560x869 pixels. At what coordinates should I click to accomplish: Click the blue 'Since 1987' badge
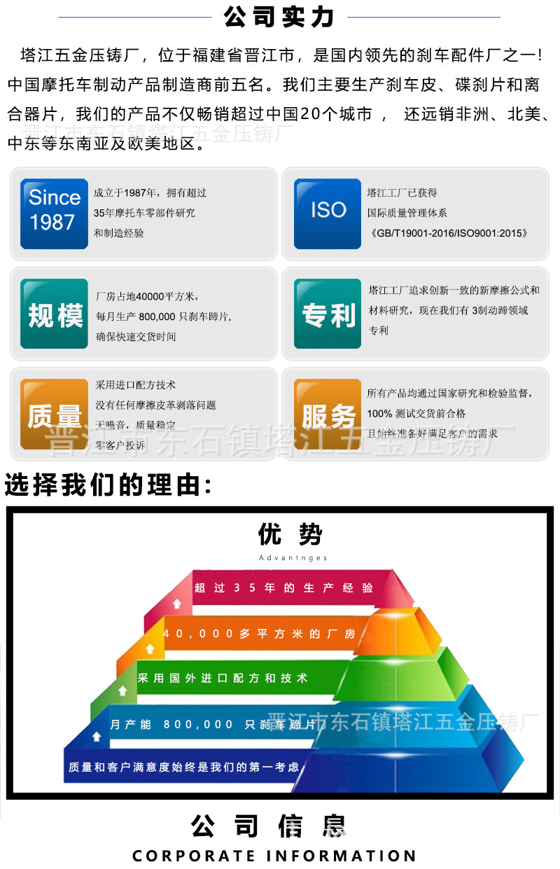point(54,213)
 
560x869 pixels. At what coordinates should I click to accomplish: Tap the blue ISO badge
point(328,213)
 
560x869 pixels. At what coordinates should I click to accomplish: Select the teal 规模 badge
point(54,314)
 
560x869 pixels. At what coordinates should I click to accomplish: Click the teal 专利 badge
point(328,314)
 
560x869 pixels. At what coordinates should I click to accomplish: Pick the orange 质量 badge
point(54,415)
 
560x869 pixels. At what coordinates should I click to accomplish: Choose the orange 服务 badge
point(328,415)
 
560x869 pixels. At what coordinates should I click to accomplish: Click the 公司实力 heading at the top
point(279,17)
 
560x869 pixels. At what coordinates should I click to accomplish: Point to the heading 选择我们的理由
point(108,485)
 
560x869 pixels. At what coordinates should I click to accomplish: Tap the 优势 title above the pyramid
point(290,535)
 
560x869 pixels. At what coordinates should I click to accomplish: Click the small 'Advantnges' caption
point(293,558)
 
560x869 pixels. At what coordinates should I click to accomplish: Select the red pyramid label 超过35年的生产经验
point(283,588)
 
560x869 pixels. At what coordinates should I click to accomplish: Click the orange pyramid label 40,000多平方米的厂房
point(259,634)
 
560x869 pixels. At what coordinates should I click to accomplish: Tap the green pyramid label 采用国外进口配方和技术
point(223,679)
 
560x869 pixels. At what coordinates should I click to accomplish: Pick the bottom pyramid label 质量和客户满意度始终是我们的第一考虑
point(183,767)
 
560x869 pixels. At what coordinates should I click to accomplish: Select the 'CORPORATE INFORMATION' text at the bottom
point(274,856)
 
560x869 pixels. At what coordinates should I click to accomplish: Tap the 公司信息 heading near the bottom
point(269,826)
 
